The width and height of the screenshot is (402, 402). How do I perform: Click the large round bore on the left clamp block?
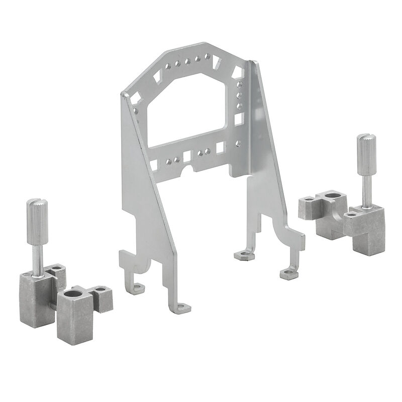(75, 292)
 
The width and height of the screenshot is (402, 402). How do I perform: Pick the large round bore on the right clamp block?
(332, 193)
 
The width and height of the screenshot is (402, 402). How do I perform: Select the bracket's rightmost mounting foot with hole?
(288, 273)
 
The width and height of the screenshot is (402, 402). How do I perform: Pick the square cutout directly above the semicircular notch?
(188, 157)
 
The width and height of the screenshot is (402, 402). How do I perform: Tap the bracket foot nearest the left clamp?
(138, 288)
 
